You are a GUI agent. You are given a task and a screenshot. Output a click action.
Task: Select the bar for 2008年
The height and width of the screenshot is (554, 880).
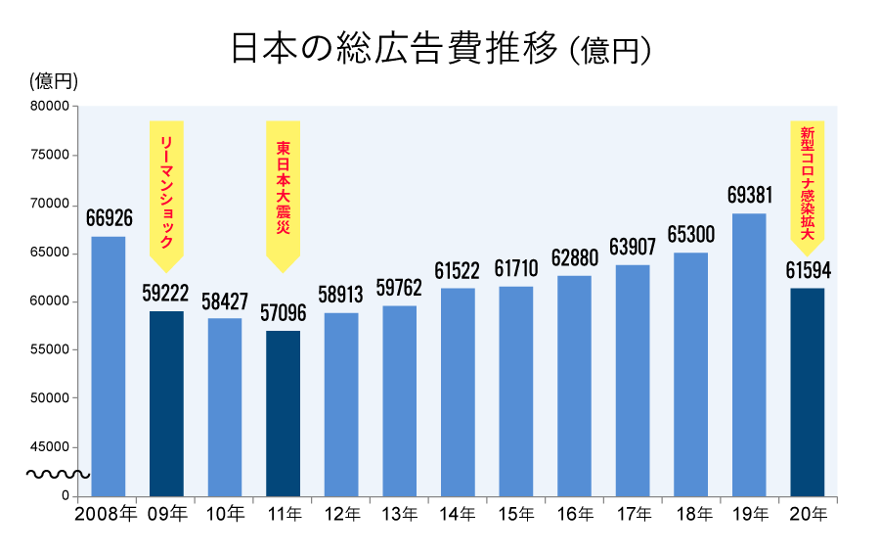click(108, 366)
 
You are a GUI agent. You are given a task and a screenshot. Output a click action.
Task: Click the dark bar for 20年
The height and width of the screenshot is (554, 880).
click(808, 392)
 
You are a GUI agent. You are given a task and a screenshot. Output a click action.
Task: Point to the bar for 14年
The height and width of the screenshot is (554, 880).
click(458, 392)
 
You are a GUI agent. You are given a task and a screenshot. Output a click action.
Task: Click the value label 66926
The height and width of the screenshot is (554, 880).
click(108, 217)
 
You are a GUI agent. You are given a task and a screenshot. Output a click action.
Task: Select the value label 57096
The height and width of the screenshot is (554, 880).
click(283, 313)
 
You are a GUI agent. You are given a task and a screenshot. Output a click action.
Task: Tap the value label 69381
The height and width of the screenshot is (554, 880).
click(749, 195)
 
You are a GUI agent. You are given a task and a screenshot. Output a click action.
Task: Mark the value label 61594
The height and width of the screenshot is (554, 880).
click(808, 270)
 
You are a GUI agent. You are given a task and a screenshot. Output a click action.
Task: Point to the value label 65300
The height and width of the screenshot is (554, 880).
click(690, 235)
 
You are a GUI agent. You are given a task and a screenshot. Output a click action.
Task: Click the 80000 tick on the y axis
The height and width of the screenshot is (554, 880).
click(49, 107)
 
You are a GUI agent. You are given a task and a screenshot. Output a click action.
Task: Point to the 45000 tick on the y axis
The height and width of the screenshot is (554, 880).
click(49, 447)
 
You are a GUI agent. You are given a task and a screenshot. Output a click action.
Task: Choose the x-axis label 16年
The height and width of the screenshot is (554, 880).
click(574, 514)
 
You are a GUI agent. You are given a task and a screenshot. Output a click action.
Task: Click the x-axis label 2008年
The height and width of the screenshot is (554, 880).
click(106, 514)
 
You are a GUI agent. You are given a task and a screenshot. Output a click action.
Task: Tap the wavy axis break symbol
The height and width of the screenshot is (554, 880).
click(57, 475)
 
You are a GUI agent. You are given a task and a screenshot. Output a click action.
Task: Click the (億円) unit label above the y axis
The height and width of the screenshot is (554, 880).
click(54, 80)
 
